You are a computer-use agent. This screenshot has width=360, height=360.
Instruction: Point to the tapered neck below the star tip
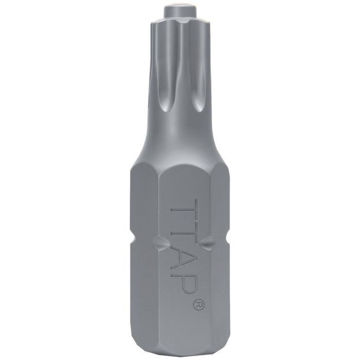(179, 139)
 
